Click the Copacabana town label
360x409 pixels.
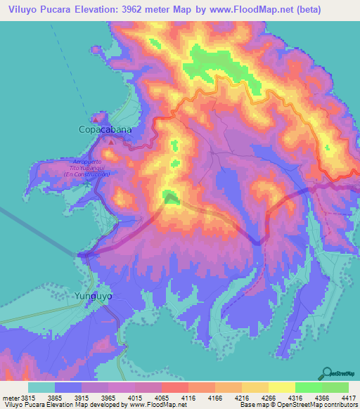pos(104,130)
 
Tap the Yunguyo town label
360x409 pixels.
pos(94,296)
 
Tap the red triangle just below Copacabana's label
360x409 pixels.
pos(110,141)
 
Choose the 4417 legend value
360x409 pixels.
pos(349,397)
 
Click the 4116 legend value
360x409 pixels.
pos(188,397)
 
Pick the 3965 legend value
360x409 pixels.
pos(108,397)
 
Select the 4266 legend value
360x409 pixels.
pos(268,397)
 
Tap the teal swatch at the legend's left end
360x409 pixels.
pos(41,387)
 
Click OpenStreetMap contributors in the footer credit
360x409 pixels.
pos(320,405)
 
